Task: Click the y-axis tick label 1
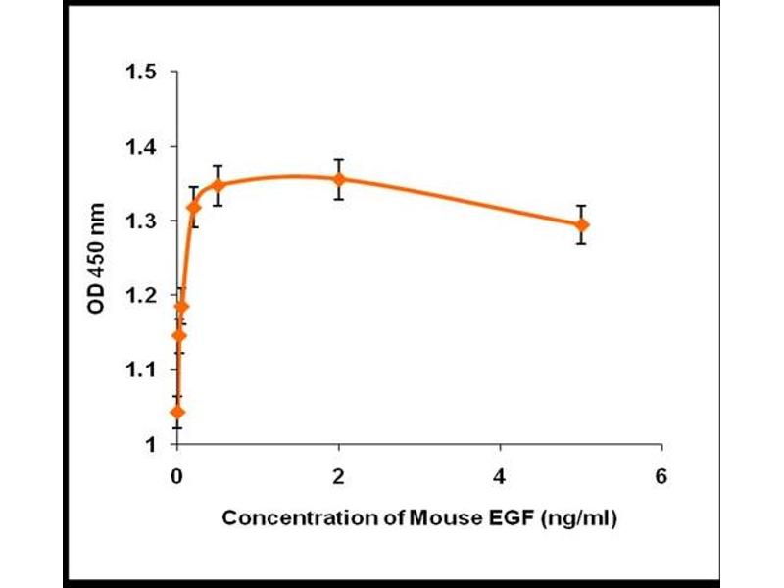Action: [152, 445]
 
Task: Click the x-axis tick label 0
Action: [177, 476]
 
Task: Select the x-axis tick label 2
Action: [339, 476]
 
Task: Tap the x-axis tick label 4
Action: [501, 476]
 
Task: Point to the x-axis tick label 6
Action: [661, 476]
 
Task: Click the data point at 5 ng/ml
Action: [582, 224]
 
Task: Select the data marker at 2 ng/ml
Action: [339, 179]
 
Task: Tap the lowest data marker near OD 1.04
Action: [177, 412]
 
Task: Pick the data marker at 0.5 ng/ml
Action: [218, 184]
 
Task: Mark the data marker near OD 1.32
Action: [194, 207]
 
